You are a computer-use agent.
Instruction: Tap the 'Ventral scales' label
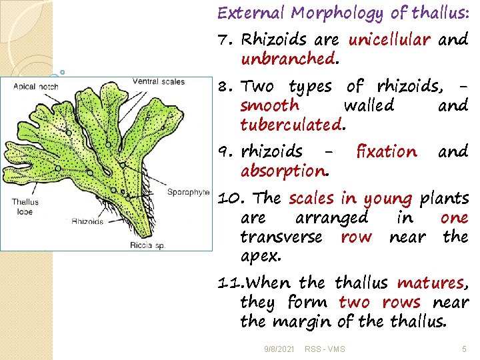(159, 81)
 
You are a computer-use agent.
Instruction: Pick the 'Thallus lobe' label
(25, 205)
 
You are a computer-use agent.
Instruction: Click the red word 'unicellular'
(390, 39)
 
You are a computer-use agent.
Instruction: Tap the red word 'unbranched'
(287, 59)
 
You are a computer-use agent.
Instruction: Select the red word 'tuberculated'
(291, 125)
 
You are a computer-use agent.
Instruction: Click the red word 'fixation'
(387, 151)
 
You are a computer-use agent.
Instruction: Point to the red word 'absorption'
(283, 171)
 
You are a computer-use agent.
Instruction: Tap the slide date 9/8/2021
(279, 349)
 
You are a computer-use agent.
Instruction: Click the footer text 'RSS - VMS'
(325, 349)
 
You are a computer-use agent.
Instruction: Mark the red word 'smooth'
(270, 105)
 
